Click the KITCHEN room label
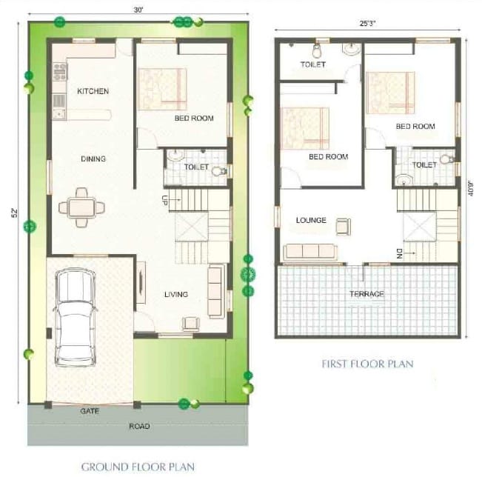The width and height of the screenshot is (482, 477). point(93,91)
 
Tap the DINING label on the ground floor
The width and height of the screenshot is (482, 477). point(93,159)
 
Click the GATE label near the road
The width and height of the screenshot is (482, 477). point(90,410)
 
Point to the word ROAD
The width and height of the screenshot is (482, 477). point(138,426)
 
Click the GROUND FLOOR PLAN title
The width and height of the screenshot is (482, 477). point(138,466)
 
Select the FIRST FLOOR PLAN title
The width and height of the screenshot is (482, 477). point(367,364)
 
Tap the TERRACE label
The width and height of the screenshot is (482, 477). point(367,294)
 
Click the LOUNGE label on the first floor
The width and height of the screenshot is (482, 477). point(311,220)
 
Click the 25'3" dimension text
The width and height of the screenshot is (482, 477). point(367,23)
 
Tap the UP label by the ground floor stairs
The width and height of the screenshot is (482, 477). point(164,199)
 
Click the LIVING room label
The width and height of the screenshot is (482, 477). point(175,294)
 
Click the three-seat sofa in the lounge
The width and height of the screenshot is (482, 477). point(309,250)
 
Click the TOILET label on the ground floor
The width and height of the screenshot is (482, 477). point(196,167)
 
